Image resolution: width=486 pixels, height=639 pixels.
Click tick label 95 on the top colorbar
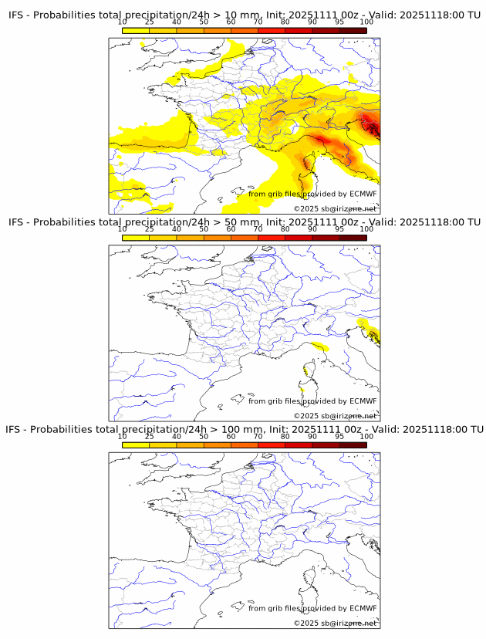pyautogui.click(x=339, y=22)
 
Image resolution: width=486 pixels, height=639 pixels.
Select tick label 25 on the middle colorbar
pyautogui.click(x=150, y=228)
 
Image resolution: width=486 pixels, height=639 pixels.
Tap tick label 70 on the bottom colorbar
pyautogui.click(x=258, y=436)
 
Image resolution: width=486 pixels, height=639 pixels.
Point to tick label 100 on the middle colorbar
pyautogui.click(x=366, y=228)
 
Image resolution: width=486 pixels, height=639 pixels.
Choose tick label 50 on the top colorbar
pyautogui.click(x=204, y=22)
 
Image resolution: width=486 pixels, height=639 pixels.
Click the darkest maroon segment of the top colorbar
pyautogui.click(x=353, y=30)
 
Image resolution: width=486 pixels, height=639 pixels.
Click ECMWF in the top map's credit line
pyautogui.click(x=363, y=194)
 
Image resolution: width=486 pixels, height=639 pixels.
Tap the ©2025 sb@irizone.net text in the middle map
pyautogui.click(x=335, y=416)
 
